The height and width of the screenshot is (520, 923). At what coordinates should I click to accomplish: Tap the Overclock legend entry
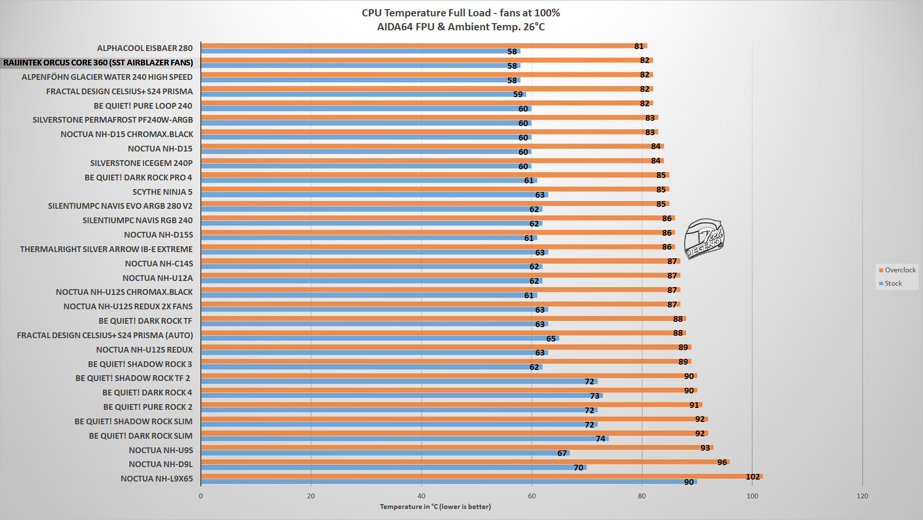pyautogui.click(x=897, y=270)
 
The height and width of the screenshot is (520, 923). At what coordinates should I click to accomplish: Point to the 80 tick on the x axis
pyautogui.click(x=642, y=496)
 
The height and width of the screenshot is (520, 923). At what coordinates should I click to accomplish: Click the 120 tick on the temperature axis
pyautogui.click(x=862, y=496)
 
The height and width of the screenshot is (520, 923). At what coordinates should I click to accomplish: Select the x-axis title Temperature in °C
pyautogui.click(x=435, y=507)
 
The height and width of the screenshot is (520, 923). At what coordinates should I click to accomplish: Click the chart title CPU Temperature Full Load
pyautogui.click(x=461, y=13)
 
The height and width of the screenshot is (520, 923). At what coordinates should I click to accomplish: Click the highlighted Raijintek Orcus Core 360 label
pyautogui.click(x=98, y=63)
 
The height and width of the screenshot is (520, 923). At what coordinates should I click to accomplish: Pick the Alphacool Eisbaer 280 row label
pyautogui.click(x=145, y=48)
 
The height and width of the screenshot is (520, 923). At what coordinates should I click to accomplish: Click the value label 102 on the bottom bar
pyautogui.click(x=752, y=477)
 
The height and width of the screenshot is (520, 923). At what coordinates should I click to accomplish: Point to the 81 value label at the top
pyautogui.click(x=639, y=46)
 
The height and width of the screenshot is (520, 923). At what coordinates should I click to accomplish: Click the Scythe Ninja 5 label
pyautogui.click(x=162, y=192)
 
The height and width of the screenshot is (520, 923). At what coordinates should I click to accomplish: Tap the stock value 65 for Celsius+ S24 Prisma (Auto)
pyautogui.click(x=551, y=339)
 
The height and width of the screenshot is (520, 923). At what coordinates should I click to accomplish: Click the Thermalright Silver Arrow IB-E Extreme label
pyautogui.click(x=106, y=249)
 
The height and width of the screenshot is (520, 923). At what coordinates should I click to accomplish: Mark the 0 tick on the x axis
pyautogui.click(x=201, y=496)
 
